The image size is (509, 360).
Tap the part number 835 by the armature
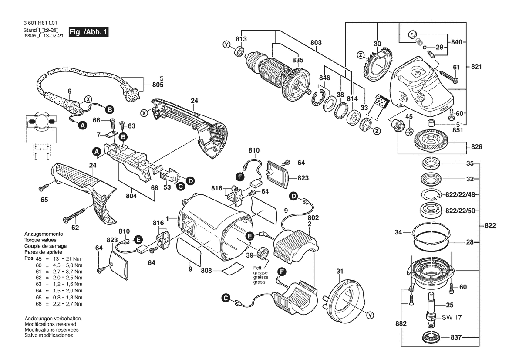click(x=297, y=60)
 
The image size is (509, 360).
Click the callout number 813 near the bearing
click(x=242, y=39)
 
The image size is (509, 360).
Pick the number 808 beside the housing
click(x=206, y=271)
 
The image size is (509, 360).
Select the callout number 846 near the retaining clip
click(x=325, y=78)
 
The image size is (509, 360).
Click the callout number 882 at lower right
click(x=401, y=324)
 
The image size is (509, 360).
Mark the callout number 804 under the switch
click(x=131, y=196)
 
